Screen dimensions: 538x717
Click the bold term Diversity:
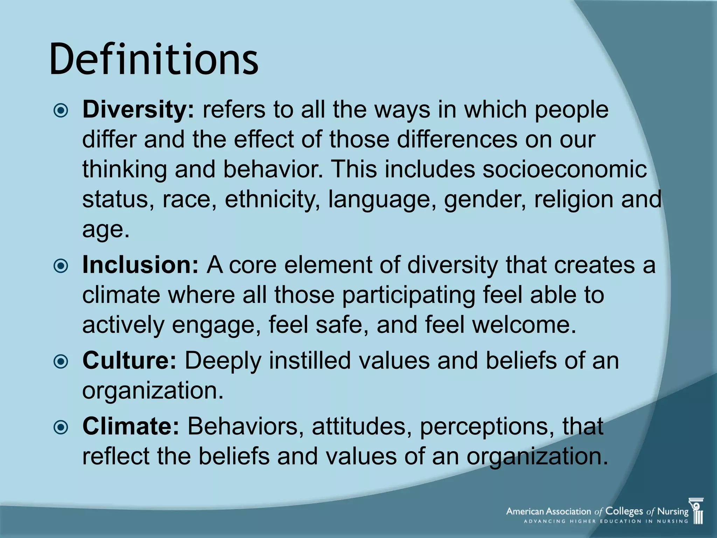[x=138, y=110]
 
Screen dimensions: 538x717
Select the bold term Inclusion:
[x=140, y=265]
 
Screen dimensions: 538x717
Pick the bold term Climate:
[x=131, y=426]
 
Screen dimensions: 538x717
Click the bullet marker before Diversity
[x=61, y=111]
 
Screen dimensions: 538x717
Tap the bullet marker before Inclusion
[x=61, y=267]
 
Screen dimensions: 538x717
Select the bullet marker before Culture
[x=61, y=362]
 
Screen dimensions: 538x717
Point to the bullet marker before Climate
[x=61, y=428]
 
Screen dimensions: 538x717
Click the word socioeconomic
[x=564, y=169]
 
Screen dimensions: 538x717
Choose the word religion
[x=573, y=200]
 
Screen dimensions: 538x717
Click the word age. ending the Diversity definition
[x=105, y=230]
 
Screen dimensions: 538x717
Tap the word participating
[x=408, y=295]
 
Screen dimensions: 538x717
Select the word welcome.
[x=524, y=325]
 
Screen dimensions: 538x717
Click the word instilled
[x=309, y=360]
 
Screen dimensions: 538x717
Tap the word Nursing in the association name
[x=673, y=511]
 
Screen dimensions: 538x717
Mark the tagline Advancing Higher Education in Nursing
[x=606, y=521]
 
